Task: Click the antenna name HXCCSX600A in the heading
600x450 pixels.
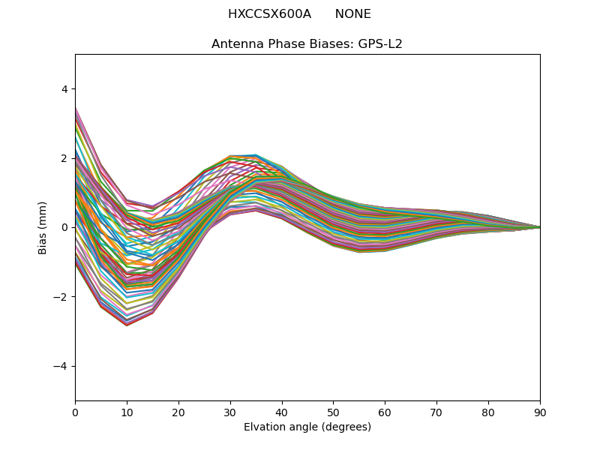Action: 269,14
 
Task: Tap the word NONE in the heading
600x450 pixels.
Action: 352,14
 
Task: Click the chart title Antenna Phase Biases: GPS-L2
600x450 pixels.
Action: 307,44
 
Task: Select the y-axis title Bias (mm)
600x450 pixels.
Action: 43,227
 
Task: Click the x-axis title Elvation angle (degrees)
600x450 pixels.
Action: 307,427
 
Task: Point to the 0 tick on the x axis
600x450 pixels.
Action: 75,412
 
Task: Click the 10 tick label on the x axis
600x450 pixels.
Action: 127,412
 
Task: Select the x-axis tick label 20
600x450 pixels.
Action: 178,412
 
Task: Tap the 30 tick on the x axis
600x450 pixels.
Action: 230,412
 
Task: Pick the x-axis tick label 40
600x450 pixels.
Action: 282,412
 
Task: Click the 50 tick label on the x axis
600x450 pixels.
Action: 333,412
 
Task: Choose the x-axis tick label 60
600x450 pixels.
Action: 385,412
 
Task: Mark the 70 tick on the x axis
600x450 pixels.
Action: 436,412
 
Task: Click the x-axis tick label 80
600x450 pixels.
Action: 488,412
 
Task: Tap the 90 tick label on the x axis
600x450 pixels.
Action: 540,412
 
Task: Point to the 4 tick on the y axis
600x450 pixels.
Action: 64,89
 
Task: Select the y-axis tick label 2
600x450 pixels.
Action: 64,158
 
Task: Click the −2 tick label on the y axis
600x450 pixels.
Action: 61,297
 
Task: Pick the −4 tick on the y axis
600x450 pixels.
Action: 61,366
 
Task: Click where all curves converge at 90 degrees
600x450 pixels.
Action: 539,227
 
